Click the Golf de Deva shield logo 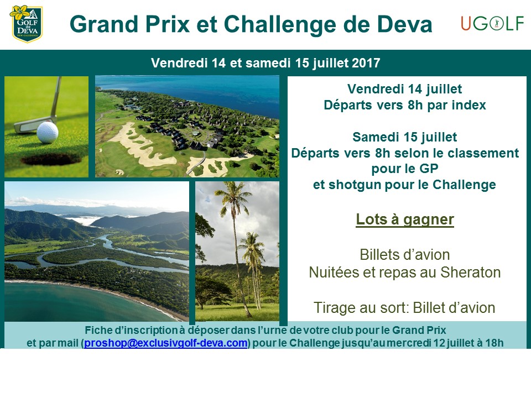[x=26, y=23]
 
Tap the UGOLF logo [x=492, y=24]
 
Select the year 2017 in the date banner [x=366, y=63]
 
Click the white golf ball [x=48, y=132]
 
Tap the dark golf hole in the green [x=51, y=159]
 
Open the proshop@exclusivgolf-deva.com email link [x=165, y=343]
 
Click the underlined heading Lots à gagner [x=405, y=219]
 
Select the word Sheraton [x=470, y=273]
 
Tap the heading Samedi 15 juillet [x=405, y=137]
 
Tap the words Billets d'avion [x=405, y=255]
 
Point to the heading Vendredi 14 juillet [x=405, y=89]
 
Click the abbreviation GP [x=429, y=169]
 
